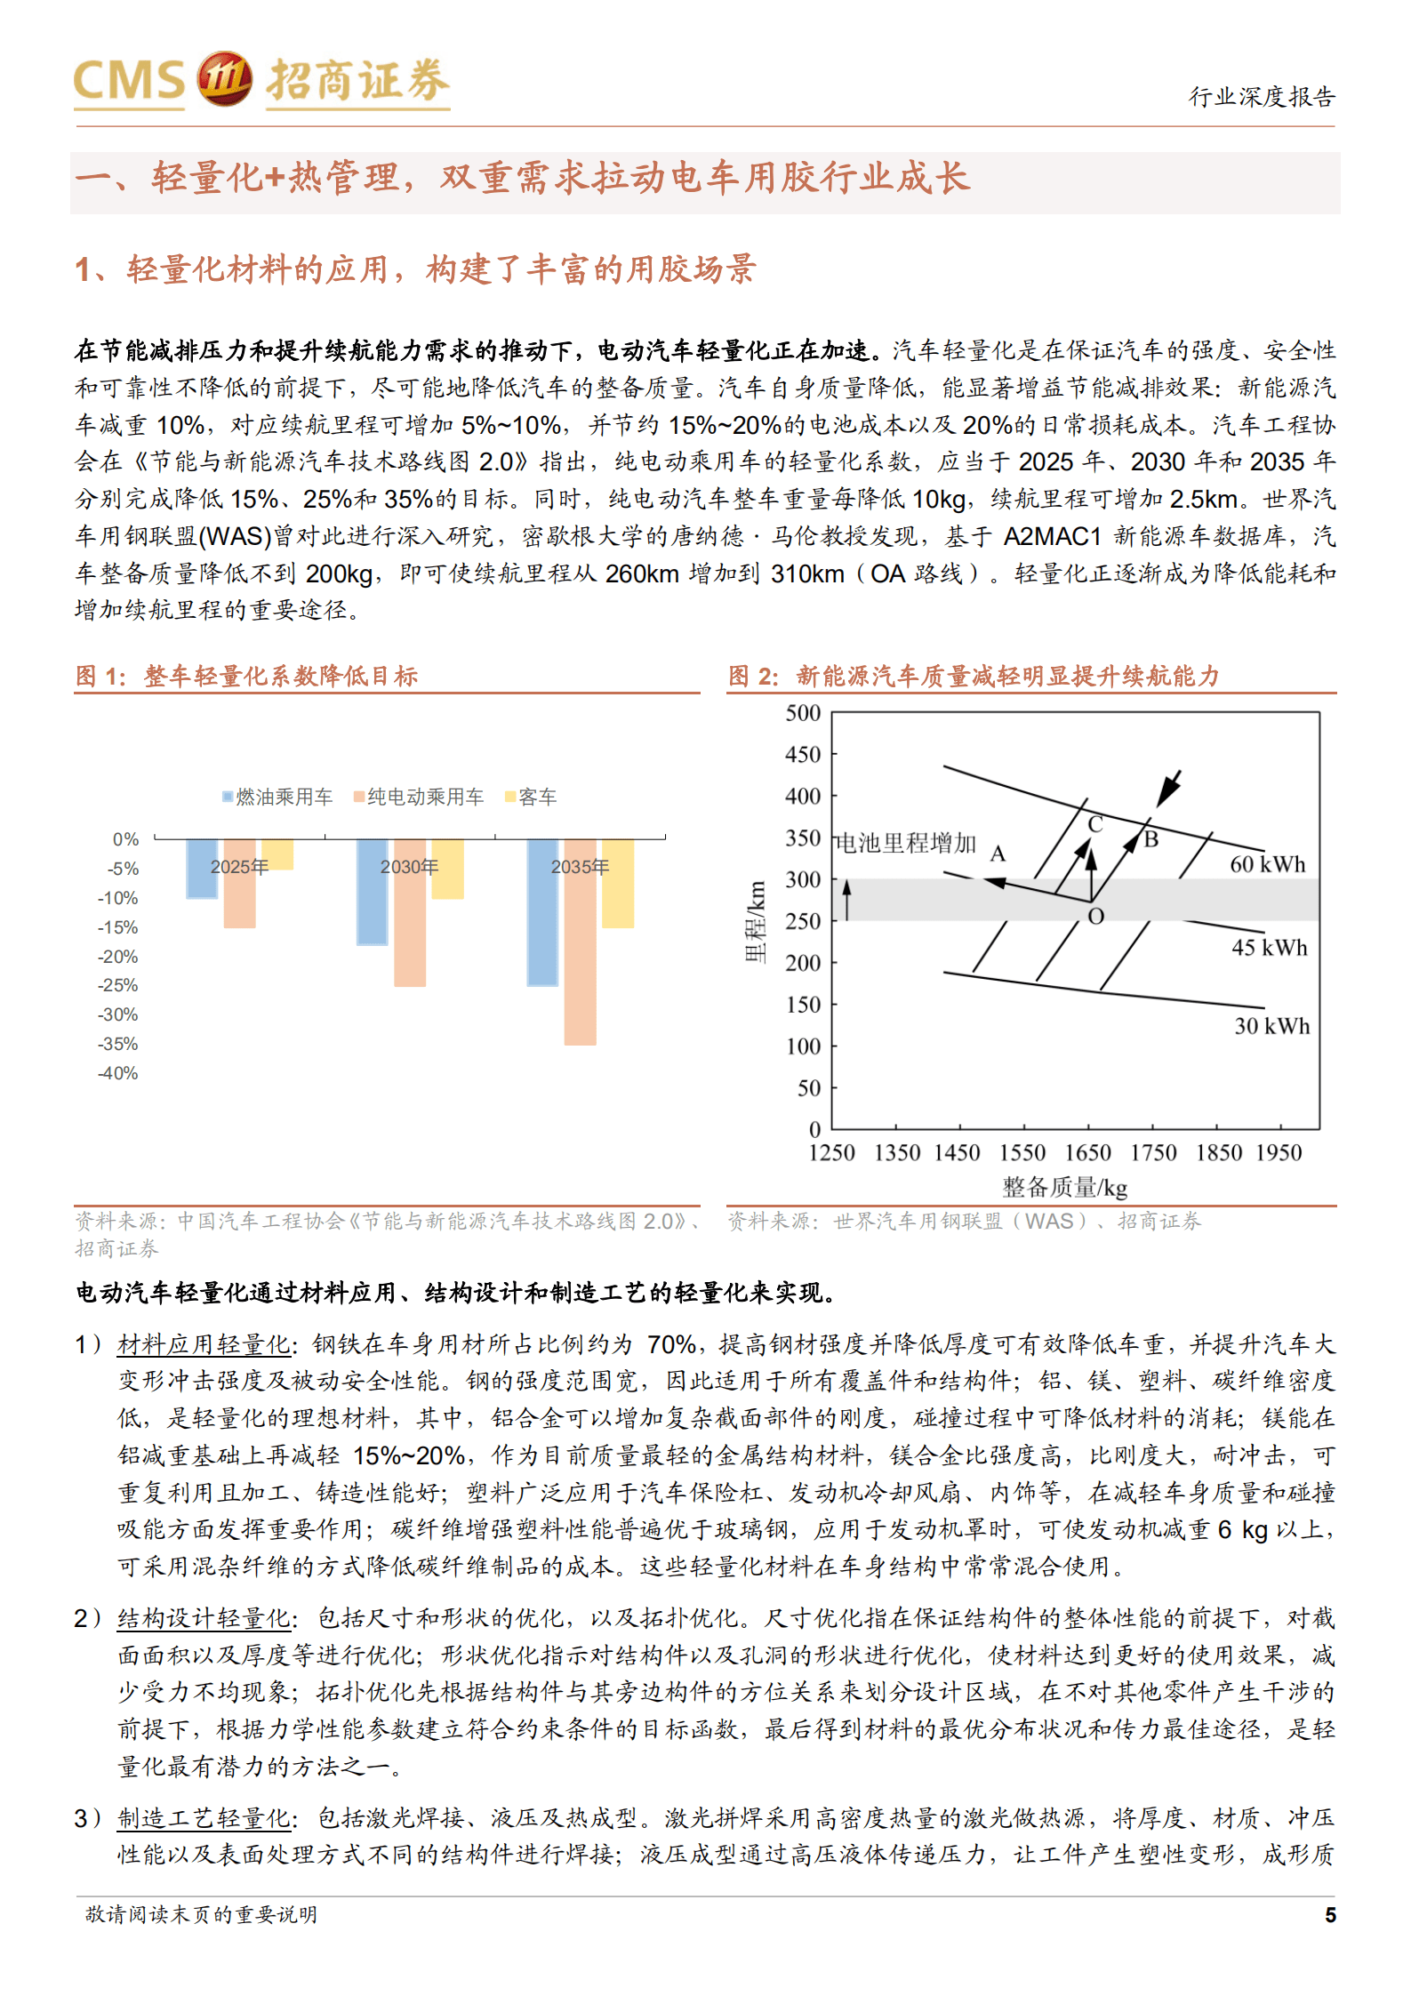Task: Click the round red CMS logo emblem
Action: coord(224,79)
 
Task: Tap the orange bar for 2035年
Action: coord(580,942)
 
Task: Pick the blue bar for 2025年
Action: coord(202,869)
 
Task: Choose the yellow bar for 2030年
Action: coord(447,869)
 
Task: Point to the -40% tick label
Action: coord(118,1073)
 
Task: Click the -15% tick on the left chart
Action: coord(118,927)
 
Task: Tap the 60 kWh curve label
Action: coord(1267,864)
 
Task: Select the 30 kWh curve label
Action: coord(1271,1026)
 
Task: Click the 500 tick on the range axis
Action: coord(803,713)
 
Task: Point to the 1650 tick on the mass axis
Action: coord(1087,1153)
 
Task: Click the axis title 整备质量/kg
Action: coord(1064,1187)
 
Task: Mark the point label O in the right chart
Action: coord(1095,917)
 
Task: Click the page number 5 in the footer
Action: coord(1330,1915)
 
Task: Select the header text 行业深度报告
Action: coord(1262,96)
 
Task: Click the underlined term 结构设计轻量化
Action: coord(204,1618)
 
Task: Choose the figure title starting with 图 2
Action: coord(974,676)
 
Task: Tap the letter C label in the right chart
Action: coord(1095,824)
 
